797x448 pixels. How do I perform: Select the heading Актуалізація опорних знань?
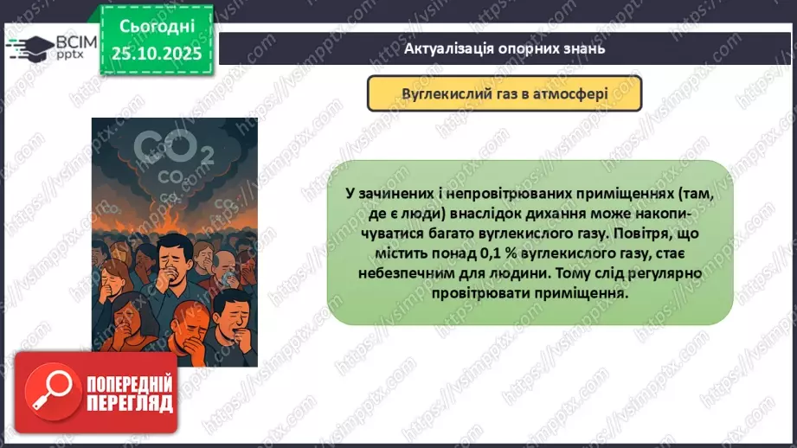click(504, 48)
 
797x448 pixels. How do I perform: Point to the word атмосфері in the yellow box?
click(575, 93)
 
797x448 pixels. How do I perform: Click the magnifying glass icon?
click(50, 390)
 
